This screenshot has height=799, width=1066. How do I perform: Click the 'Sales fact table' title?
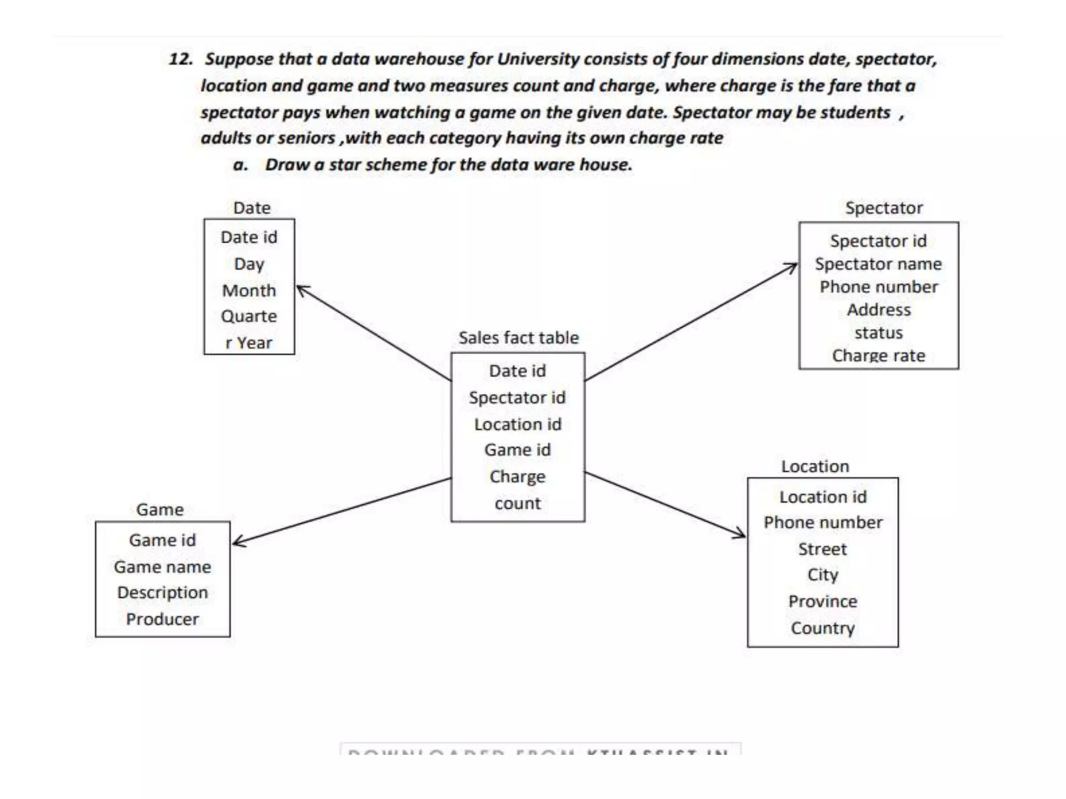pyautogui.click(x=518, y=338)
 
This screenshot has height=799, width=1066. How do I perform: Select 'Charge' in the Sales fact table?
pyautogui.click(x=517, y=476)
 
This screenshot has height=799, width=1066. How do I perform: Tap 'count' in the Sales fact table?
pyautogui.click(x=517, y=504)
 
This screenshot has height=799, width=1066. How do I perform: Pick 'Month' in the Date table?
pyautogui.click(x=249, y=290)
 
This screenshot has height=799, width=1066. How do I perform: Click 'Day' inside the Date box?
pyautogui.click(x=249, y=264)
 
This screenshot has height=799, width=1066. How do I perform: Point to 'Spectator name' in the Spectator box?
pyautogui.click(x=878, y=264)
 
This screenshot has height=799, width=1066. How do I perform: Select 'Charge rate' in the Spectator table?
pyautogui.click(x=878, y=356)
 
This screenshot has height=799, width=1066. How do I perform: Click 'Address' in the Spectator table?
pyautogui.click(x=879, y=310)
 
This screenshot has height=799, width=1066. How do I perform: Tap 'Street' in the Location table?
pyautogui.click(x=822, y=549)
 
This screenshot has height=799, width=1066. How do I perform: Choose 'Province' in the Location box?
pyautogui.click(x=822, y=602)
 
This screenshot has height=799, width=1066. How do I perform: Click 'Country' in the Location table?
pyautogui.click(x=822, y=628)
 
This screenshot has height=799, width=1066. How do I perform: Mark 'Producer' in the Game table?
pyautogui.click(x=162, y=619)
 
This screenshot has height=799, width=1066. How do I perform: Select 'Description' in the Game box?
pyautogui.click(x=162, y=592)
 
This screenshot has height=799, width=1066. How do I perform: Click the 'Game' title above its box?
pyautogui.click(x=160, y=510)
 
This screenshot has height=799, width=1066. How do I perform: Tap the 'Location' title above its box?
pyautogui.click(x=815, y=467)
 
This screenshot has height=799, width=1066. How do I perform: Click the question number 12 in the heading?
pyautogui.click(x=181, y=59)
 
